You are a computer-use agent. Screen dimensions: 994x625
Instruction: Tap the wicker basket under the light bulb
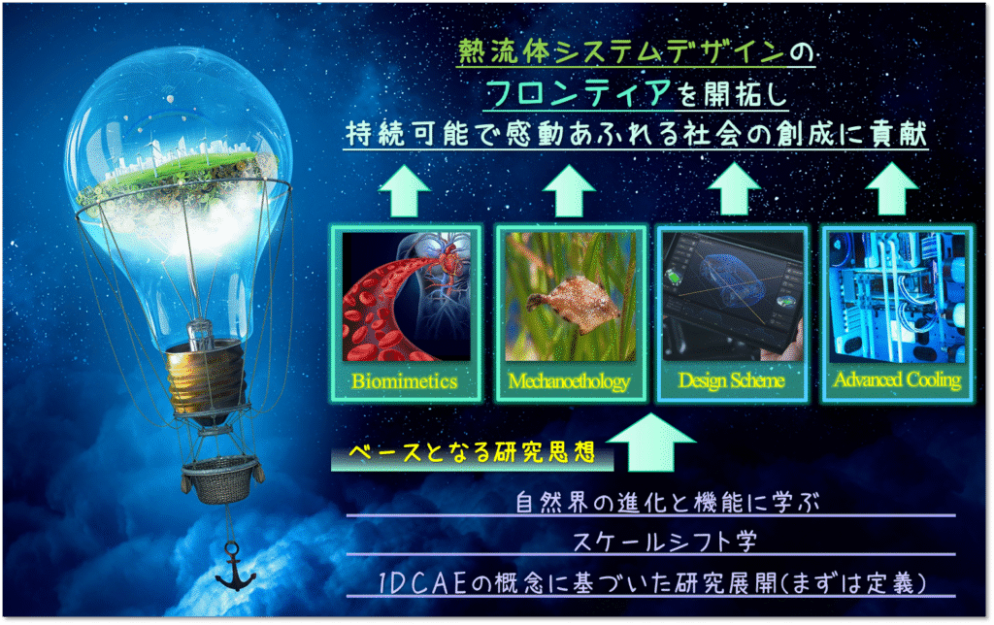pyautogui.click(x=222, y=479)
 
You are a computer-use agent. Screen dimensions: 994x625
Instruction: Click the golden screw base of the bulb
pyautogui.click(x=206, y=378)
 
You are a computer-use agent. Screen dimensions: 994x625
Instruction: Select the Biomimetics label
pyautogui.click(x=405, y=381)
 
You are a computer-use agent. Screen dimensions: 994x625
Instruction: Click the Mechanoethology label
pyautogui.click(x=569, y=381)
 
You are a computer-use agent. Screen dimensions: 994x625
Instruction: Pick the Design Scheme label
pyautogui.click(x=732, y=380)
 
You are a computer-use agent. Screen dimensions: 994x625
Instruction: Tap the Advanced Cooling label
pyautogui.click(x=897, y=379)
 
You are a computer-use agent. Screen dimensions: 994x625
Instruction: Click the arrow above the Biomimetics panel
pyautogui.click(x=405, y=191)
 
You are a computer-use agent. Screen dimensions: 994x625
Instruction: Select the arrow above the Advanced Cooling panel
pyautogui.click(x=891, y=189)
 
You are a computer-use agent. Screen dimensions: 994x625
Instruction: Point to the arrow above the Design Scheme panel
pyautogui.click(x=734, y=189)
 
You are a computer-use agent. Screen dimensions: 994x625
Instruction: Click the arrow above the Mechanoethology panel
pyautogui.click(x=569, y=191)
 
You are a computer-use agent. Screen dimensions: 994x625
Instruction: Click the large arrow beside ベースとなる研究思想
pyautogui.click(x=650, y=443)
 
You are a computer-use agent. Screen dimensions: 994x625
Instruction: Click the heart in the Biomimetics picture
pyautogui.click(x=443, y=266)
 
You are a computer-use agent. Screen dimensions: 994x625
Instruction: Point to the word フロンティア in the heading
pyautogui.click(x=579, y=93)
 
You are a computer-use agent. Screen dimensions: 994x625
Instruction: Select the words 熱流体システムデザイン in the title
pyautogui.click(x=621, y=52)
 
